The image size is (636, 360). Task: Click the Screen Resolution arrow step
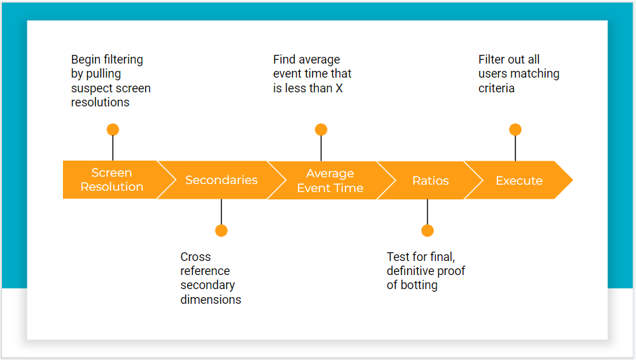click(x=112, y=179)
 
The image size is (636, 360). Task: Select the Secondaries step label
click(x=222, y=179)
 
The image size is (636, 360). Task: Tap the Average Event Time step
click(x=330, y=181)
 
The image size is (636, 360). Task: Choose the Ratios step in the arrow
click(x=430, y=181)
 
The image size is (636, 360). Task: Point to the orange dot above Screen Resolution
click(x=112, y=130)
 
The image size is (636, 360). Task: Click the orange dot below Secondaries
click(x=222, y=231)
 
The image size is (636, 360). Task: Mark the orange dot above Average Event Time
click(x=321, y=130)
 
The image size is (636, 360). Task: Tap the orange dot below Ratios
click(x=428, y=231)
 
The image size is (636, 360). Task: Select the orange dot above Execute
click(x=515, y=130)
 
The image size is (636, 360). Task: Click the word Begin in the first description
click(x=86, y=60)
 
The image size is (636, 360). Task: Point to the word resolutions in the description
click(x=100, y=102)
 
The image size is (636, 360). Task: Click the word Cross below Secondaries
click(x=195, y=257)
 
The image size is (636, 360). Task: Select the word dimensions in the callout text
click(x=211, y=300)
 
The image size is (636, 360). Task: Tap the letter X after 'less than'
click(x=339, y=88)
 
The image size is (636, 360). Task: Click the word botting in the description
click(x=419, y=285)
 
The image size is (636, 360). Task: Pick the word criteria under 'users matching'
click(x=497, y=88)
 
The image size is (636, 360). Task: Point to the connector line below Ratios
click(x=428, y=212)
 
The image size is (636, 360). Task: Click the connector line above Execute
click(x=515, y=149)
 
